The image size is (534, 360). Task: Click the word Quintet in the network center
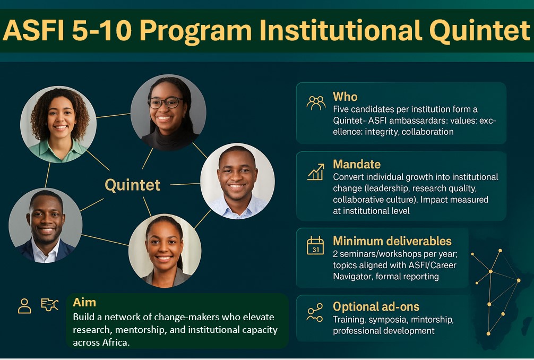132,185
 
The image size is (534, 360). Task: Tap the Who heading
345,97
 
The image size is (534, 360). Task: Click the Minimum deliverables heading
392,241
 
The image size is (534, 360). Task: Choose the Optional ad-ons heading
376,306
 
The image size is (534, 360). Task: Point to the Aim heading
84,303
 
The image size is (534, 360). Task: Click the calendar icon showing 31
315,246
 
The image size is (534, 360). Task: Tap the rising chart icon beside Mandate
315,172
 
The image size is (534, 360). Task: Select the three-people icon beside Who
316,102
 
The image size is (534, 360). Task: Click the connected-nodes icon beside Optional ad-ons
315,313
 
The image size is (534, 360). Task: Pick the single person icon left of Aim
24,305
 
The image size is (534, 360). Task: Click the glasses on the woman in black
166,102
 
